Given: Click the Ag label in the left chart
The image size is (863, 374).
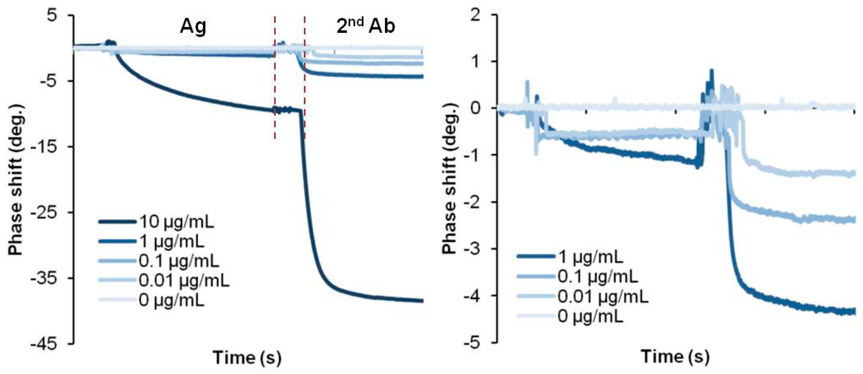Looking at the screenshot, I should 193,27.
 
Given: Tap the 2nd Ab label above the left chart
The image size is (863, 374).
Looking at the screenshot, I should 366,26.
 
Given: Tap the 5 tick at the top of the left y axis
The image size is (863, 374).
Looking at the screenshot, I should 52,15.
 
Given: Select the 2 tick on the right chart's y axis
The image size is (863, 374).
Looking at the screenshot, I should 475,15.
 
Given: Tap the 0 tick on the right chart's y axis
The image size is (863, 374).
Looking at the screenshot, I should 475,108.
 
